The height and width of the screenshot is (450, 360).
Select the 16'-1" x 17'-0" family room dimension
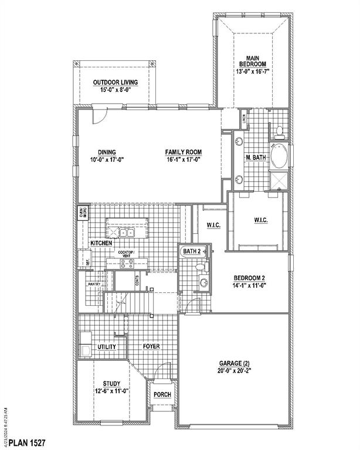[x=182, y=159]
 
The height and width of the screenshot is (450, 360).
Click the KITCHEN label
[x=101, y=243]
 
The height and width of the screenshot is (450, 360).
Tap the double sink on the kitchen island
[x=127, y=233]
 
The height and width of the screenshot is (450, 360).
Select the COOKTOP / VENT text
[x=127, y=254]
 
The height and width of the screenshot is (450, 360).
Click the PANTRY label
[x=95, y=284]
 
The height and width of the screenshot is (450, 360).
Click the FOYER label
[x=151, y=346]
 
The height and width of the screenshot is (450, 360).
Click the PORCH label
[x=162, y=394]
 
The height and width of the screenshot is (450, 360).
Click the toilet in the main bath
[x=280, y=130]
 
